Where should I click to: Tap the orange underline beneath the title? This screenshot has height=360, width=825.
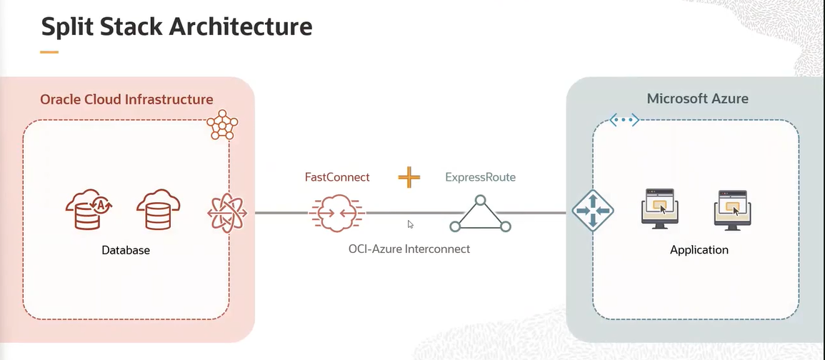coord(49,51)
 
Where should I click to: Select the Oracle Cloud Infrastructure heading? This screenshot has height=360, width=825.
coord(126,99)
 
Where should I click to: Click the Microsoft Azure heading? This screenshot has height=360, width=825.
coord(697,99)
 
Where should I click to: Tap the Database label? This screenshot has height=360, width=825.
coord(126,250)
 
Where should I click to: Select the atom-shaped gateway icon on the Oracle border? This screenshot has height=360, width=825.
coord(229,212)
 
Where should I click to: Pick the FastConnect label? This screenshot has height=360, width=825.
coord(337,176)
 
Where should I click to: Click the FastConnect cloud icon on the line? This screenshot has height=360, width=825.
coord(337,213)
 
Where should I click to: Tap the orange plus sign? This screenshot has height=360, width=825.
coord(409,176)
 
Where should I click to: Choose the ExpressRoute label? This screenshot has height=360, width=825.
coord(480,176)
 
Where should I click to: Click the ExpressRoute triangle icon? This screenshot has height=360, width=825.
coord(480,214)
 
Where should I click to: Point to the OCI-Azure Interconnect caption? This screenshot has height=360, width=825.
coord(409,249)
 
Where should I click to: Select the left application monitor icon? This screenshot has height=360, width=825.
coord(659,209)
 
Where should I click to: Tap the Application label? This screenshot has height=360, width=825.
coord(699,250)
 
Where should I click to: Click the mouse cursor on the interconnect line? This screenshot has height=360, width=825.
coord(410,224)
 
